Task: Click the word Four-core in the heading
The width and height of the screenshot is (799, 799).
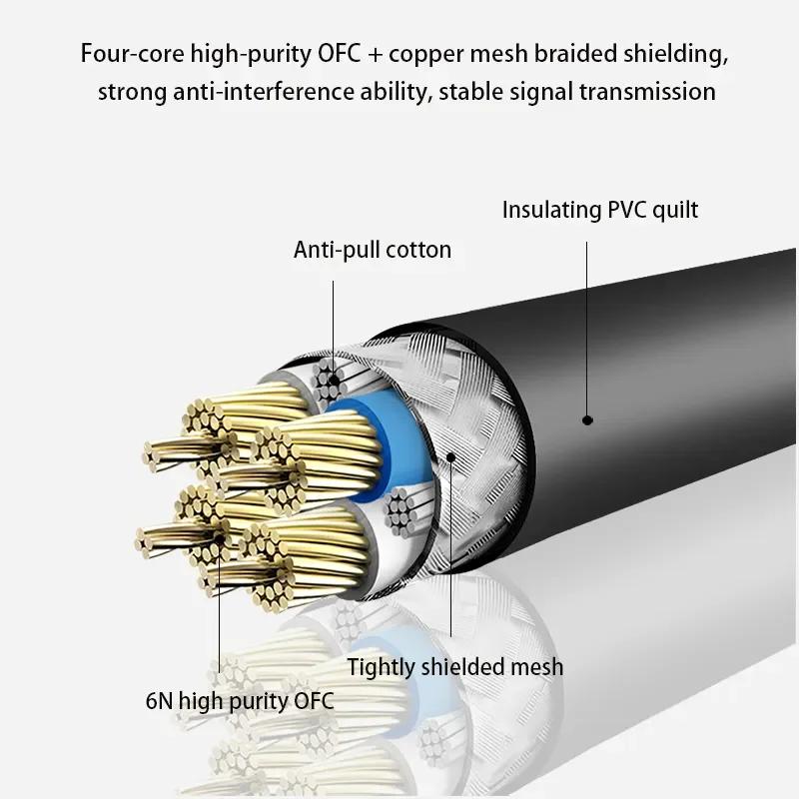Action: (127, 53)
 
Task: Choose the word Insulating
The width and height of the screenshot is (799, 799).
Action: (551, 210)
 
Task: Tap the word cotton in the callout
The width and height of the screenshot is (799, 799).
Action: (418, 250)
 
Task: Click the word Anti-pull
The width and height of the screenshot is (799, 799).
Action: (338, 250)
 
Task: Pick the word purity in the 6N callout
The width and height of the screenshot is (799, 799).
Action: (261, 700)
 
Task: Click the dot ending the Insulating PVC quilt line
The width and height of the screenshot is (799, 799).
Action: (587, 419)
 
